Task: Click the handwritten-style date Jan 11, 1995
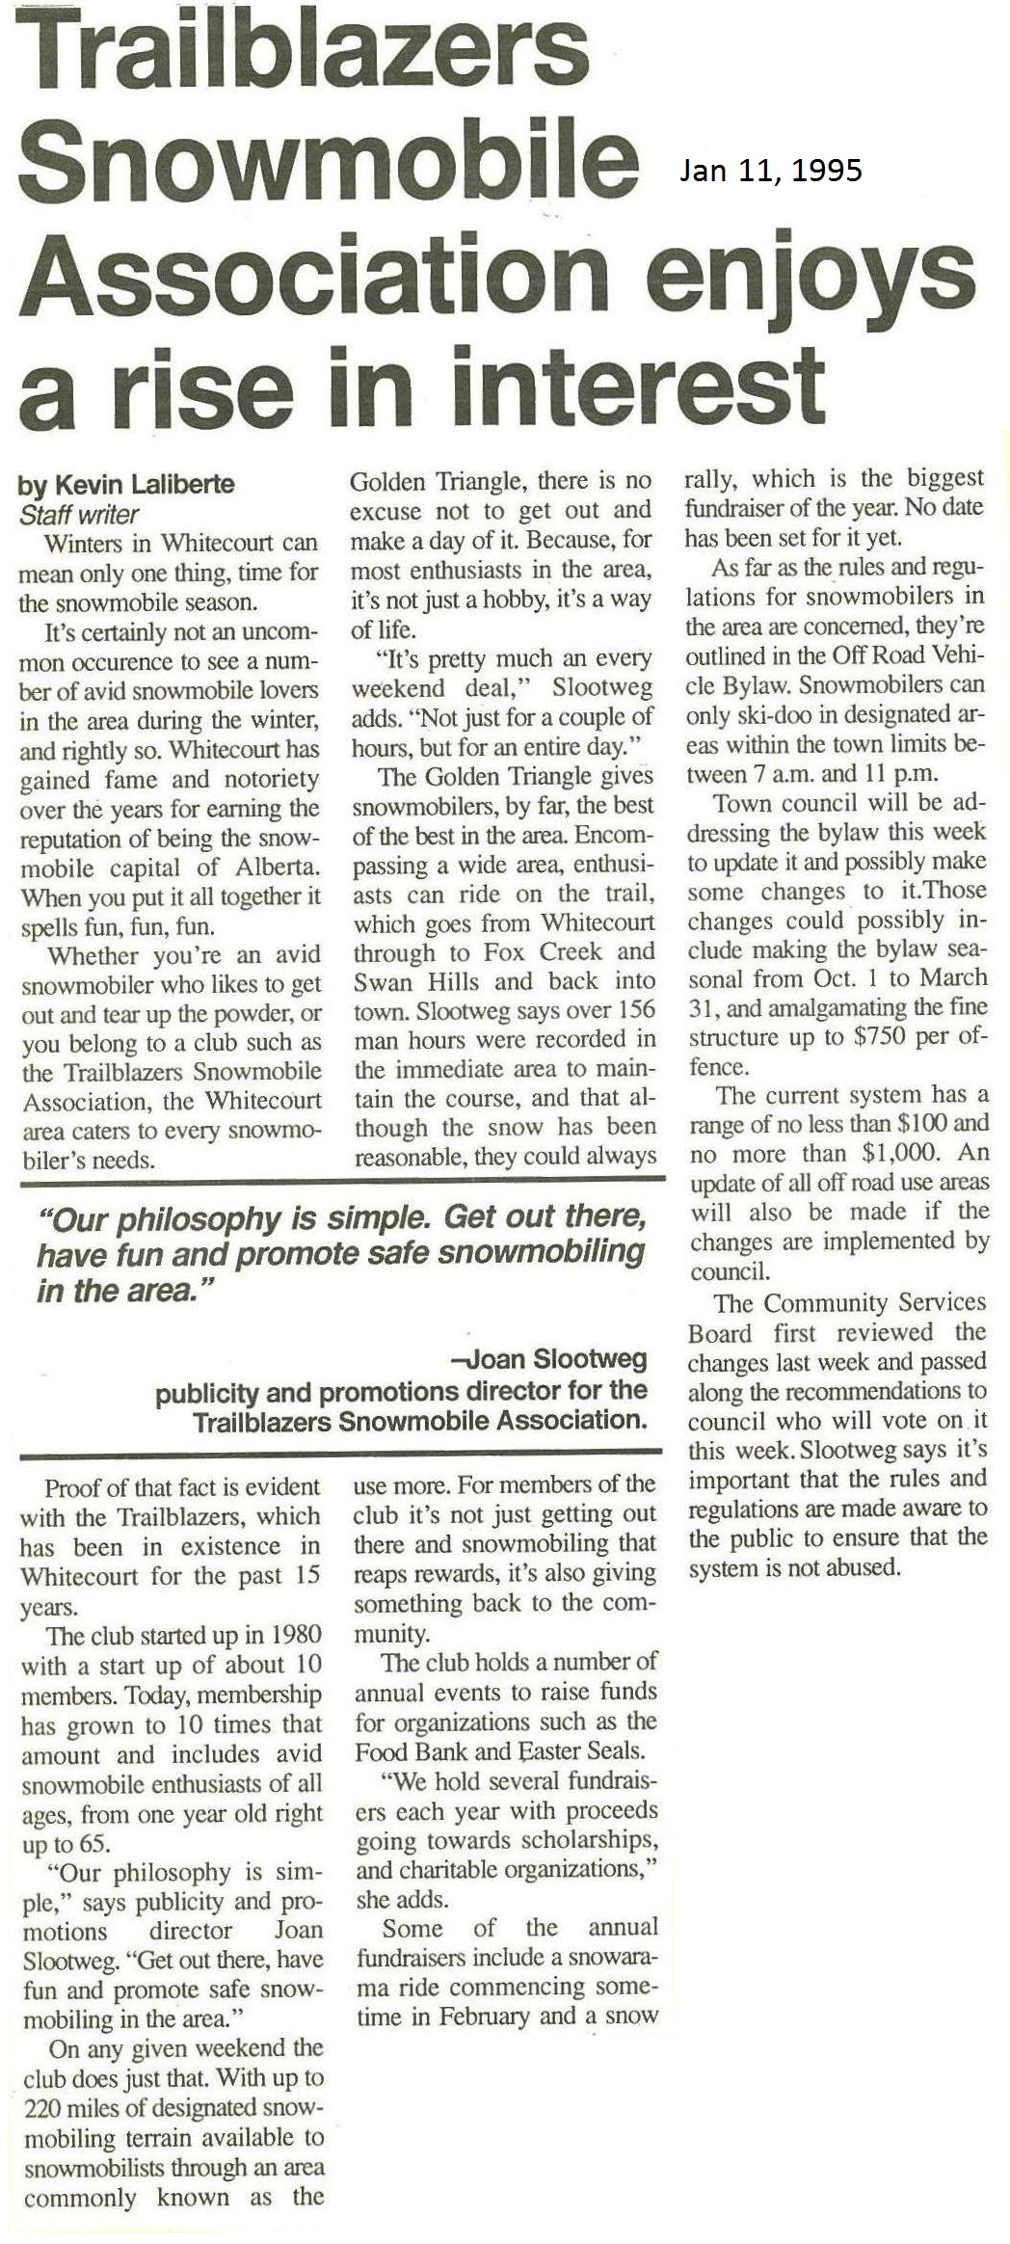tap(770, 171)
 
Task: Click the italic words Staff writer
tap(79, 515)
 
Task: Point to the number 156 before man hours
tap(636, 1010)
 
